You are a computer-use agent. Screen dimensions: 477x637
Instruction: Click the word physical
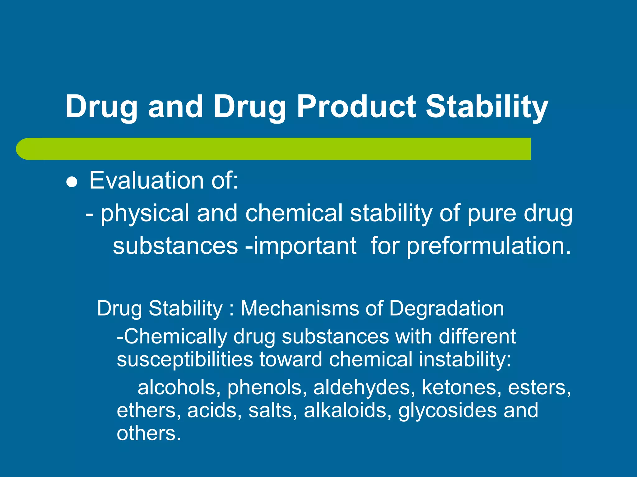click(x=145, y=214)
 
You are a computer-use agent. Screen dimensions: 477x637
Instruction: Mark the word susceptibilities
click(x=185, y=360)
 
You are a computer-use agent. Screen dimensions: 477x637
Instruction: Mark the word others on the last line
click(x=148, y=434)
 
